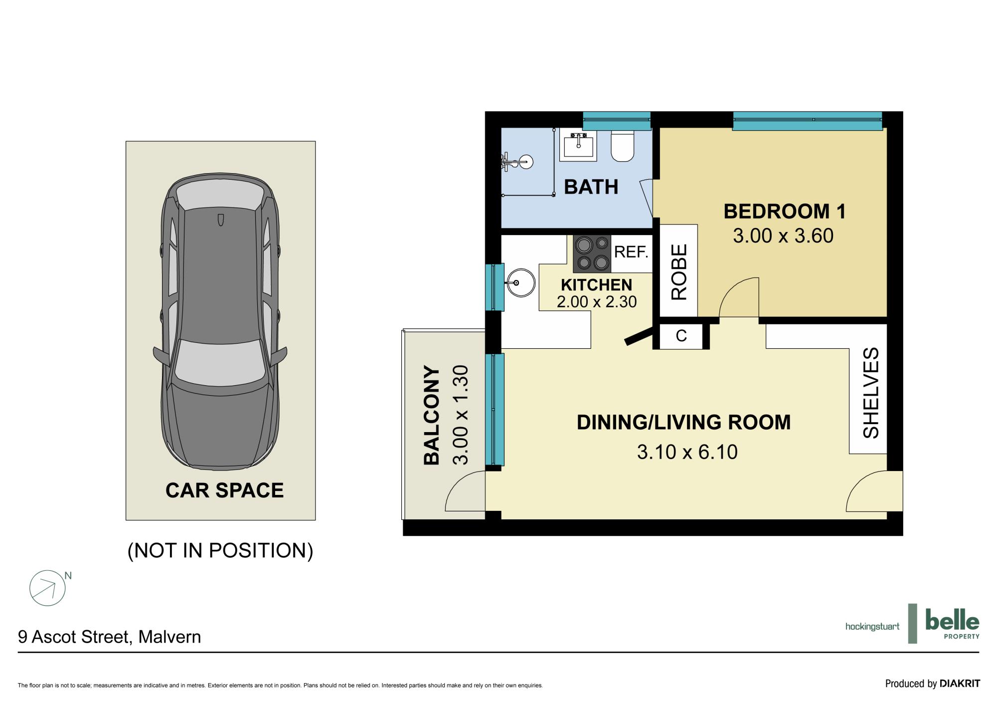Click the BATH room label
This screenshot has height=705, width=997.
pos(591,187)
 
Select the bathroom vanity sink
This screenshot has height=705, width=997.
pos(578,145)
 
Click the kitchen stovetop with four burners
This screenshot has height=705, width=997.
pos(592,254)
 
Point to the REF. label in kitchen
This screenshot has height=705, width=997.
pos(631,252)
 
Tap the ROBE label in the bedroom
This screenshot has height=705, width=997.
pos(679,272)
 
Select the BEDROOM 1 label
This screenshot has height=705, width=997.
pos(785,212)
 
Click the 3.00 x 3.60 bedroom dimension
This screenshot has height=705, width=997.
pos(783,236)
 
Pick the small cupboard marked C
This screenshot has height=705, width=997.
pos(681,336)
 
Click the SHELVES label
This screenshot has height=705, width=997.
pos(871,393)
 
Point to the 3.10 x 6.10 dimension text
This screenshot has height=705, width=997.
pos(687,452)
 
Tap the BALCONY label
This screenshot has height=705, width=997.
pos(432,416)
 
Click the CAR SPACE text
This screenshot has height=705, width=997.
pos(224,490)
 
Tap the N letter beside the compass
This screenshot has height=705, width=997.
pos(68,576)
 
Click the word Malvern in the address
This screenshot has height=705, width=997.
pos(169,637)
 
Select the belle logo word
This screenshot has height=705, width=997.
pos(952,621)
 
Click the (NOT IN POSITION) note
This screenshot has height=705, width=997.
pos(220,550)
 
